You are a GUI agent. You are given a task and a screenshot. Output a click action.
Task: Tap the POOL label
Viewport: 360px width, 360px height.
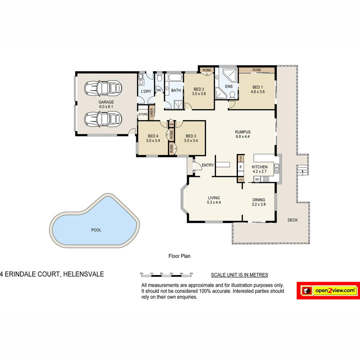click(96, 230)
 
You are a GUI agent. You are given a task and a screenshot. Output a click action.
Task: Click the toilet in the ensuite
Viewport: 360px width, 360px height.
click(232, 95)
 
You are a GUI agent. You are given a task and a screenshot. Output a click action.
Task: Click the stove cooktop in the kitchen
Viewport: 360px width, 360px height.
click(266, 179)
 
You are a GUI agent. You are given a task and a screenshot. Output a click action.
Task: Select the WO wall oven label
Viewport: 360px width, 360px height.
click(257, 179)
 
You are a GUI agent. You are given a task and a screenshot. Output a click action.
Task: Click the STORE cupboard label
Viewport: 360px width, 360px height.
click(143, 114)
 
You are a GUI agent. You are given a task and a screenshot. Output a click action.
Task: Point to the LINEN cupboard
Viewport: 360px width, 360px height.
click(151, 113)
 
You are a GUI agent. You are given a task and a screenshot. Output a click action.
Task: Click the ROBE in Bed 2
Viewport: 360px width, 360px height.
click(207, 70)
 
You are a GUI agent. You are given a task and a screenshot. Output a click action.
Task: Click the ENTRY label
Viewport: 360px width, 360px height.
click(208, 165)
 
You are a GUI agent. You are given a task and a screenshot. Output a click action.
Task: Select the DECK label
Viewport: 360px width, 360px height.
click(292, 220)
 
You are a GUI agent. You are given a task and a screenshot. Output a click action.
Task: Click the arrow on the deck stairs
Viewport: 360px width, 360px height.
click(302, 172)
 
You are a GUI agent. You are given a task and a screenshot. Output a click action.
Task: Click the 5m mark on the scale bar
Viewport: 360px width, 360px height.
click(191, 273)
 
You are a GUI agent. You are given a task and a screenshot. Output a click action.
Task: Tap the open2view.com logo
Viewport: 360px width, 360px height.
click(328, 291)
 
